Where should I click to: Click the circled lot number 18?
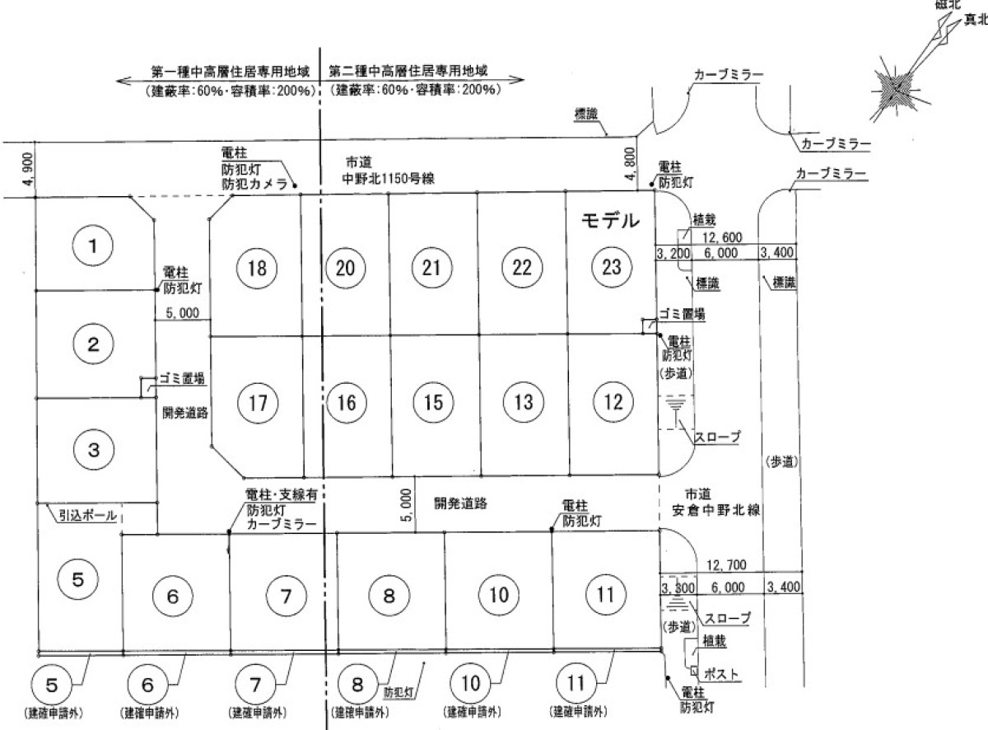pyautogui.click(x=257, y=268)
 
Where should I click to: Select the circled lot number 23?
pyautogui.click(x=611, y=267)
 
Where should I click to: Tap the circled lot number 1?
pyautogui.click(x=94, y=245)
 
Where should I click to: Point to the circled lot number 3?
pyautogui.click(x=94, y=450)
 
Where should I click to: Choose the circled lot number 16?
pyautogui.click(x=346, y=403)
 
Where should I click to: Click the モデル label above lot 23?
pyautogui.click(x=610, y=221)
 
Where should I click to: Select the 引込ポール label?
pyautogui.click(x=86, y=517)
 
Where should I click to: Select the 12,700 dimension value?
pyautogui.click(x=726, y=565)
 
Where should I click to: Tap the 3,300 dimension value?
pyautogui.click(x=678, y=588)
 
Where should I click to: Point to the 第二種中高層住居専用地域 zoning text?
pyautogui.click(x=408, y=71)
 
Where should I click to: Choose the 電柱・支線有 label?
pyautogui.click(x=281, y=495)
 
